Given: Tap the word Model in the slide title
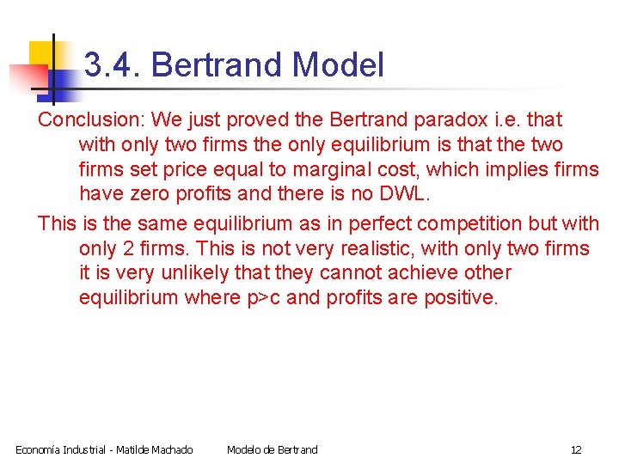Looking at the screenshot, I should [337, 65].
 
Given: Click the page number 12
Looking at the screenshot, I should [576, 449].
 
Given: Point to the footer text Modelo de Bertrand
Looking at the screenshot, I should [272, 449].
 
